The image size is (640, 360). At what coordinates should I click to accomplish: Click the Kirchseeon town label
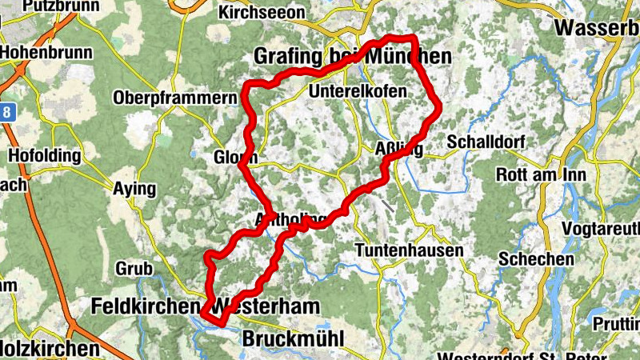(262, 14)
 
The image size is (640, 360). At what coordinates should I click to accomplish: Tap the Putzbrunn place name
(53, 6)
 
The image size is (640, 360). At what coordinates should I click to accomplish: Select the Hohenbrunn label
(46, 52)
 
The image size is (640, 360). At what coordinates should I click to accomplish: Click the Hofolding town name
(45, 154)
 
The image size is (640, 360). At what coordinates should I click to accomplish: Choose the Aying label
(135, 189)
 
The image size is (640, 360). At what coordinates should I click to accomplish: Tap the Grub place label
(134, 267)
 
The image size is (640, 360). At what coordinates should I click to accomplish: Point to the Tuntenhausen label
(408, 250)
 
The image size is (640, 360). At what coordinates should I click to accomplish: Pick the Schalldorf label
(484, 142)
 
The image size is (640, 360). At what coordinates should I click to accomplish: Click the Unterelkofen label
(362, 91)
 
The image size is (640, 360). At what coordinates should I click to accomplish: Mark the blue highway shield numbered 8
(6, 111)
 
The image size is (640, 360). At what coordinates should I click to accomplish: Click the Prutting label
(616, 322)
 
